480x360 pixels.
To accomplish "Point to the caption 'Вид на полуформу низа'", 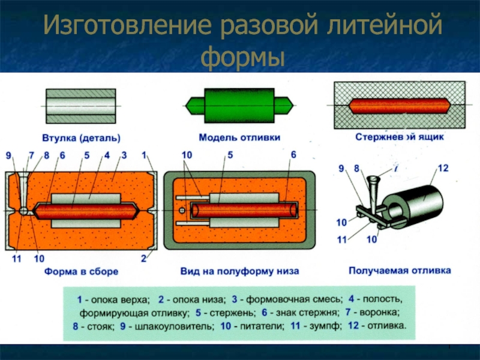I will coord(240,272).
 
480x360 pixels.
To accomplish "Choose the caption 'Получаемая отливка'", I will coord(400,271).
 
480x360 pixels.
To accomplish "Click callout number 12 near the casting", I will coord(443,169).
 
